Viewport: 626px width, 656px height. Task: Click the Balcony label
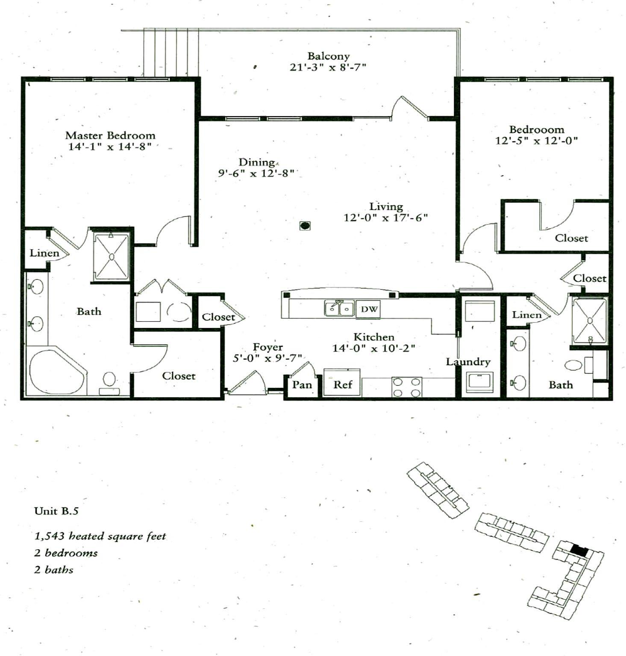pos(328,56)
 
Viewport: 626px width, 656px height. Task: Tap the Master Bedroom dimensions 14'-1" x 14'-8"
pos(110,146)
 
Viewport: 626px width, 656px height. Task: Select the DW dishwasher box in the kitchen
pos(369,309)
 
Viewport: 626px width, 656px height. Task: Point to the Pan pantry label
pos(302,385)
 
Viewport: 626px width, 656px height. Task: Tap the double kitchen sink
pos(339,308)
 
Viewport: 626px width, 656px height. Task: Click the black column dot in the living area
pos(305,225)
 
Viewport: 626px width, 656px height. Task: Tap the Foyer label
pos(267,347)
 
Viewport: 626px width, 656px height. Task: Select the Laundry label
pos(468,362)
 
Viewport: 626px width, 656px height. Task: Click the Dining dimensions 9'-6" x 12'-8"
pos(256,173)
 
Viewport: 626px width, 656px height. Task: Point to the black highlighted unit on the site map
pos(579,550)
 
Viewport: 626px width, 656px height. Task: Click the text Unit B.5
pos(56,511)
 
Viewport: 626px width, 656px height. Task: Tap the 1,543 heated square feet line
pos(100,536)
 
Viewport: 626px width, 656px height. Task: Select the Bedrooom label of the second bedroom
pos(536,129)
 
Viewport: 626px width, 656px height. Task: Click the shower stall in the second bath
pos(590,321)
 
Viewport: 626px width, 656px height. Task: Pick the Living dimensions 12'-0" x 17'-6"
pos(385,218)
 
